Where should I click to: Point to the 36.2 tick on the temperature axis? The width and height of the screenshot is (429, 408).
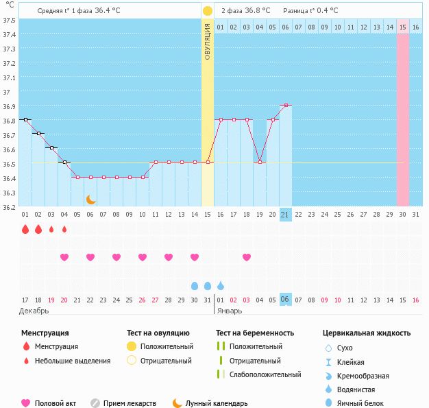(10, 206)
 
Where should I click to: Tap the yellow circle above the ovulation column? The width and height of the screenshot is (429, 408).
(208, 11)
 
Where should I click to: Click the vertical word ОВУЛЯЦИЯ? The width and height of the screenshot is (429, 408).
(208, 40)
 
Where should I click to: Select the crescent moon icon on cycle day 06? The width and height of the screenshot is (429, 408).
(90, 200)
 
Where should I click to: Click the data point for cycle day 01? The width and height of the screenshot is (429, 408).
(25, 119)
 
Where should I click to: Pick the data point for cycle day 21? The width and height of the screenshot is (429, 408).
(286, 105)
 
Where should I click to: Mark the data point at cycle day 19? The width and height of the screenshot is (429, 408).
(260, 162)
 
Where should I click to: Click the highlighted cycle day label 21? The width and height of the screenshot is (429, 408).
(286, 215)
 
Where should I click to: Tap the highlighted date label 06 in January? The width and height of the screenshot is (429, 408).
(286, 300)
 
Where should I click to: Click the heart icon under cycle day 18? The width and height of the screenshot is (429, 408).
(247, 257)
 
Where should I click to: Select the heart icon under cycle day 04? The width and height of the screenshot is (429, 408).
(64, 257)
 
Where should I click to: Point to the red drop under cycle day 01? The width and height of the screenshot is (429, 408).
(25, 230)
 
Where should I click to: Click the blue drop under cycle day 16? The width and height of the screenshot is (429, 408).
(221, 285)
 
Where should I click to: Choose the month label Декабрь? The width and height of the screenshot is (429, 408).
(34, 311)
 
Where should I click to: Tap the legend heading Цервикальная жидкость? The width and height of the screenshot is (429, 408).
(367, 333)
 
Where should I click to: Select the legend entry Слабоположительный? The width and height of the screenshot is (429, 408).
(265, 374)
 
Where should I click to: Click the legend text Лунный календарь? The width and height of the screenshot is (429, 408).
(217, 403)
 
